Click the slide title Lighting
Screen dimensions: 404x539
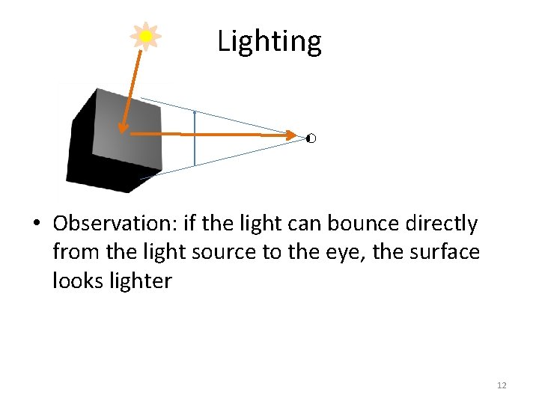pos(269,41)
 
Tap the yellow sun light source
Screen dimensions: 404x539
pos(146,36)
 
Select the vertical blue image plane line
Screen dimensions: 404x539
pos(195,138)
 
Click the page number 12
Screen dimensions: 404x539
pos(502,385)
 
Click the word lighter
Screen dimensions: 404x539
pos(140,282)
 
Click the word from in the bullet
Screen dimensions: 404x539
pos(76,253)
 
